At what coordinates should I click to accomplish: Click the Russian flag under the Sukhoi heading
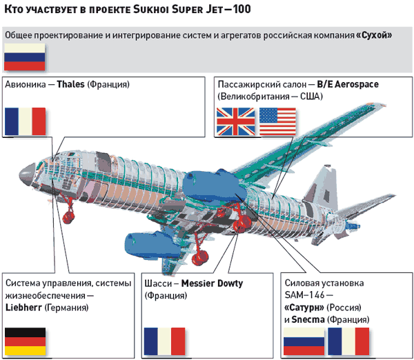tap(25, 57)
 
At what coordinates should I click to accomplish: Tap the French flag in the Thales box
tap(25, 121)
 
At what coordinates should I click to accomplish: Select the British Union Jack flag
tap(235, 122)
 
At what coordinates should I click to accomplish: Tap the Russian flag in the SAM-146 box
tap(304, 341)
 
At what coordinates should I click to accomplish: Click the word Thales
tap(71, 84)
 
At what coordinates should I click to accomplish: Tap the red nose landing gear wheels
tap(69, 218)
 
